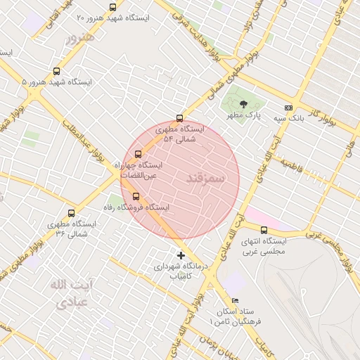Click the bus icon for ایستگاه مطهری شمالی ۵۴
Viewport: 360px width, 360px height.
click(x=179, y=118)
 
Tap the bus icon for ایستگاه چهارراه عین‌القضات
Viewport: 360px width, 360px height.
click(x=137, y=153)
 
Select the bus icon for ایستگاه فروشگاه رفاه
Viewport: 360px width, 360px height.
click(x=136, y=196)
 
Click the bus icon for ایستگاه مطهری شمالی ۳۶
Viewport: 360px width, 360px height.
click(x=71, y=212)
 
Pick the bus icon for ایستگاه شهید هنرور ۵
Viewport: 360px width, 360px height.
click(x=56, y=70)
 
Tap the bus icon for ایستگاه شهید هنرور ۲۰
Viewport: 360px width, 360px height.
click(x=112, y=7)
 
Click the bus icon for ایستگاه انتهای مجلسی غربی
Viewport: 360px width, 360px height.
click(x=264, y=229)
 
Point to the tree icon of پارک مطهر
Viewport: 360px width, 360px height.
click(x=243, y=104)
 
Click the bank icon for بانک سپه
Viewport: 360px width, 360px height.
click(x=288, y=108)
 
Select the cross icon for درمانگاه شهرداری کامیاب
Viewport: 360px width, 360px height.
click(x=181, y=255)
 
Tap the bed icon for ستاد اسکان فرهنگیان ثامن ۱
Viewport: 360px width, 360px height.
click(x=215, y=301)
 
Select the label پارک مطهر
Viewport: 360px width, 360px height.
click(x=247, y=114)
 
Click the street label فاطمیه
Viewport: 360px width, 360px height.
click(x=295, y=166)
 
